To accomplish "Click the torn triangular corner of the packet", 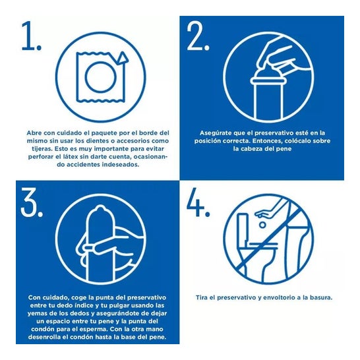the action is (x=122, y=58).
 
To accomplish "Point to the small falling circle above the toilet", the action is (x=262, y=225).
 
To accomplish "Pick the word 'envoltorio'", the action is (x=279, y=298).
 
